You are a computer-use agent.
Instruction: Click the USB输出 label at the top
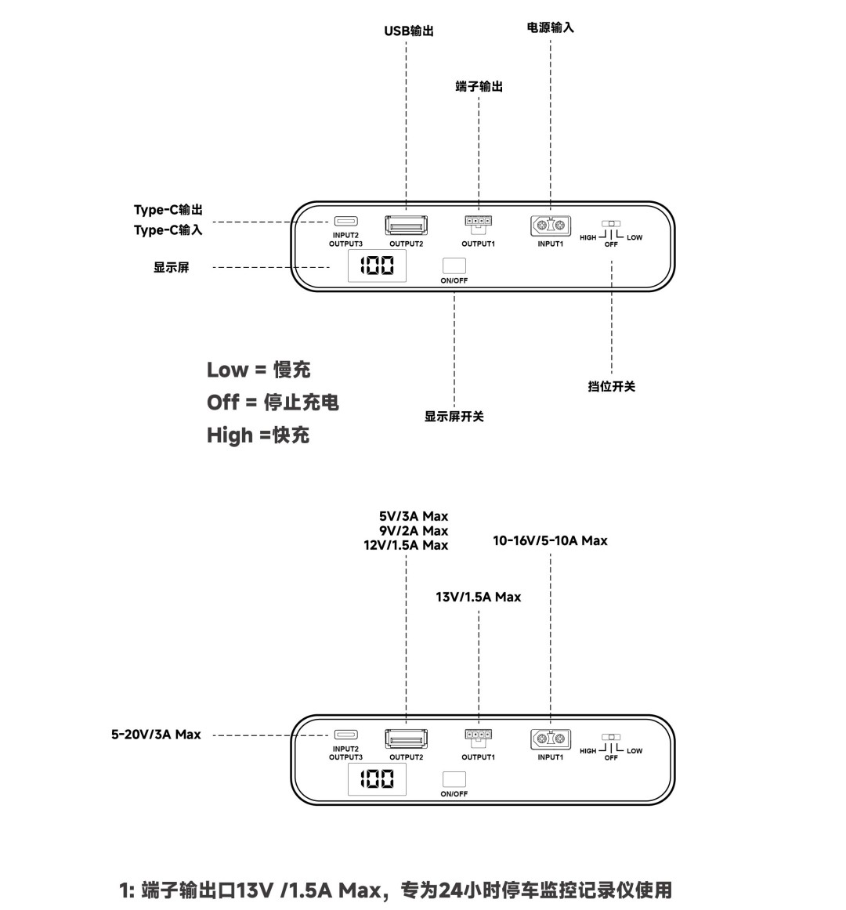409,31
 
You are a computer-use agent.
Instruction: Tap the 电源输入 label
550,27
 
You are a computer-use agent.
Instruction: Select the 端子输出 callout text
479,86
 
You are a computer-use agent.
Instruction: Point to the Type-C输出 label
168,210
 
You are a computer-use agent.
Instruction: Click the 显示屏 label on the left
172,268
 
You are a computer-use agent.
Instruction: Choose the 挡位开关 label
612,387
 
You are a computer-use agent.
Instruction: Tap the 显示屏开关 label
454,416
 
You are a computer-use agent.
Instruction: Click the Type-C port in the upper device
346,221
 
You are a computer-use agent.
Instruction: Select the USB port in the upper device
407,226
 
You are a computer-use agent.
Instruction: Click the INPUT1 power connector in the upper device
551,226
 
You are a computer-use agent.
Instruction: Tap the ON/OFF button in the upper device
454,265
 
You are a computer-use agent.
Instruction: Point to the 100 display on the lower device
377,779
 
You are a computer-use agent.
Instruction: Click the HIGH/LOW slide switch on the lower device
611,737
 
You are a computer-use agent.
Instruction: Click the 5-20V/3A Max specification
156,735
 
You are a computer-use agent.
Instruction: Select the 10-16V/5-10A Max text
550,541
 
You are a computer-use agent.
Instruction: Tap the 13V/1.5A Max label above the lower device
479,598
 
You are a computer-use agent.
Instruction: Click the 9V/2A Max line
414,531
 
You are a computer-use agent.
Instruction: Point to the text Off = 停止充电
273,403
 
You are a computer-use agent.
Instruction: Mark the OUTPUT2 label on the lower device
407,757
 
